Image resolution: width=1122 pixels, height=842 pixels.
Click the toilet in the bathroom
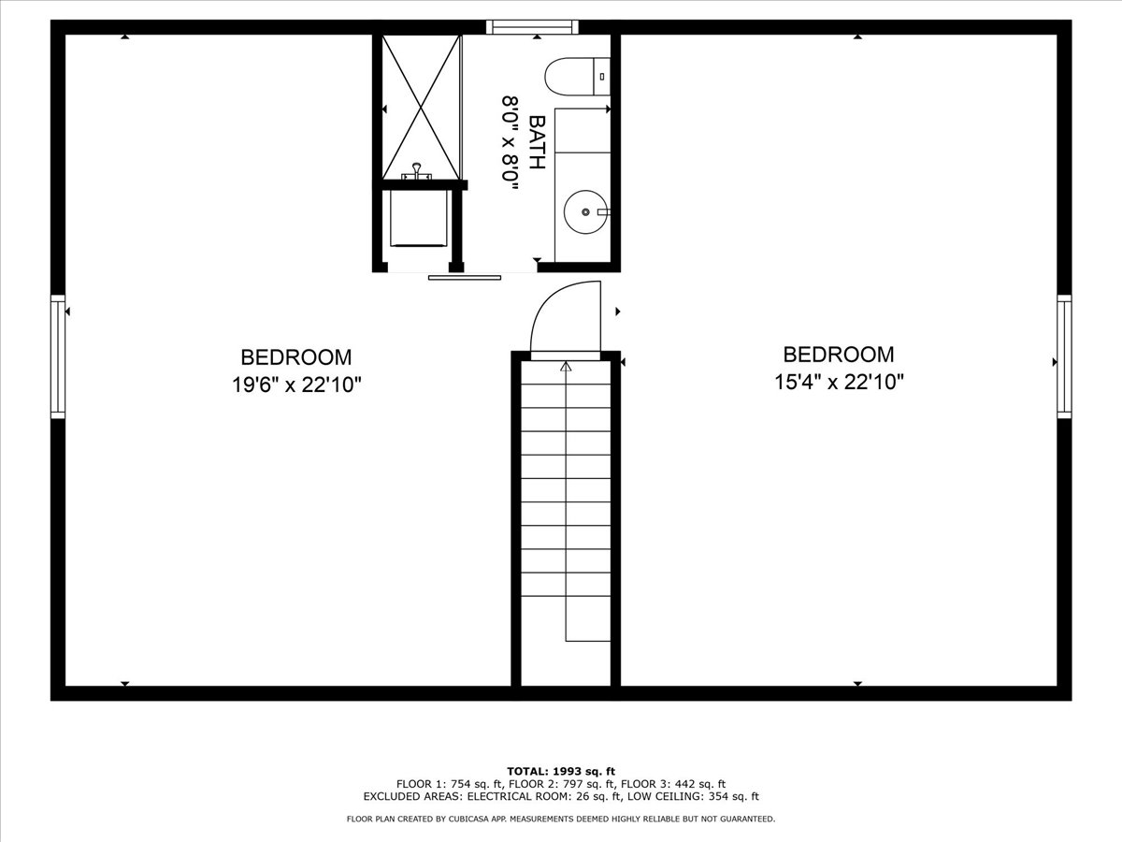click(578, 76)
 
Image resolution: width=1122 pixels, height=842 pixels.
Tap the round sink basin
click(586, 211)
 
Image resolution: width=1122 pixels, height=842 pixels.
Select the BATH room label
click(537, 142)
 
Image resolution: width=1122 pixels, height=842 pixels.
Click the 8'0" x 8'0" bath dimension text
click(511, 143)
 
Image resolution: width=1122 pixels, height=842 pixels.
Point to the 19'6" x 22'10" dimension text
click(296, 385)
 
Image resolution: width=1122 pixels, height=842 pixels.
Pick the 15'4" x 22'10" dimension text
click(839, 382)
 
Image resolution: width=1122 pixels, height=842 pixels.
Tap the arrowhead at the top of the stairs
click(566, 366)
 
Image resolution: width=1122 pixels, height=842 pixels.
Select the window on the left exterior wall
click(58, 356)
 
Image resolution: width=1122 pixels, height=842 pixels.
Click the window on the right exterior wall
click(1064, 356)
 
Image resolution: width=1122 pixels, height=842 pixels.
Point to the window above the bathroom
click(532, 26)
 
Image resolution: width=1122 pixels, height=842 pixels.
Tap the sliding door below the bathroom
click(465, 278)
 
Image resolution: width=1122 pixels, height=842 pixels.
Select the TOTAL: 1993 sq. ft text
click(561, 772)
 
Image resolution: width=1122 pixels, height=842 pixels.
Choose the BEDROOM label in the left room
click(296, 357)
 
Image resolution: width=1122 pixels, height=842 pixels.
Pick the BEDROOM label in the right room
click(839, 355)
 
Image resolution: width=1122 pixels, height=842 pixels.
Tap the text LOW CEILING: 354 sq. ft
click(693, 796)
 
